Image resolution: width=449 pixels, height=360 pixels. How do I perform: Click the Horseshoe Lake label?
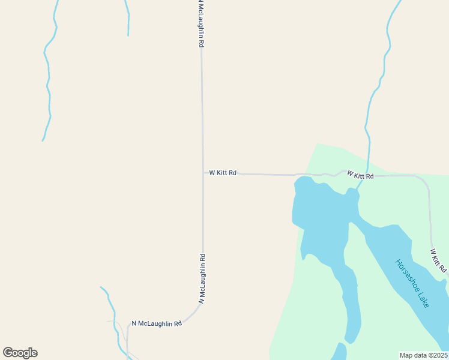pos(412,283)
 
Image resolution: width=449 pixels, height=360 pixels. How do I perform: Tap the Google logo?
pos(20,353)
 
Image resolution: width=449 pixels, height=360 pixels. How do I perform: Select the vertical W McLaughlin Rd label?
pos(203,278)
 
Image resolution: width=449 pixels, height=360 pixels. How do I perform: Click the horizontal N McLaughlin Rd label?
pos(156,323)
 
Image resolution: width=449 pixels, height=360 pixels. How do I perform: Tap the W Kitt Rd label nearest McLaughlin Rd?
pos(223,173)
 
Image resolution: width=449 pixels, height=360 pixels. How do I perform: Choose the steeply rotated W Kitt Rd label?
pos(439,260)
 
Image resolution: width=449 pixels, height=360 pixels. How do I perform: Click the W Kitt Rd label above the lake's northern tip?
pos(360,175)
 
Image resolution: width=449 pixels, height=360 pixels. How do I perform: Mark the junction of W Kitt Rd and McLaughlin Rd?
pos(203,173)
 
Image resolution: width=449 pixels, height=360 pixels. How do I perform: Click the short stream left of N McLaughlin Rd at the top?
pos(128,18)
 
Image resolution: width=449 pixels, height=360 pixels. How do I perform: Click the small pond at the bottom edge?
pos(339,352)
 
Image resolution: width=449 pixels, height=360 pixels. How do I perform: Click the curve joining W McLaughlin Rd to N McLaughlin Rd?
pos(195,313)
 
